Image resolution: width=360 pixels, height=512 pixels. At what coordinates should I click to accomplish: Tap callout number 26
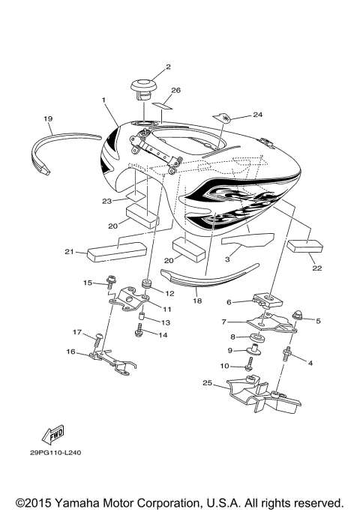pyautogui.click(x=176, y=91)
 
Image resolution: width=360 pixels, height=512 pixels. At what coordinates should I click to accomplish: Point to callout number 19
pyautogui.click(x=47, y=118)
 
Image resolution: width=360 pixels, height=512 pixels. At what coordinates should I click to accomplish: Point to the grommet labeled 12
pyautogui.click(x=145, y=284)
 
